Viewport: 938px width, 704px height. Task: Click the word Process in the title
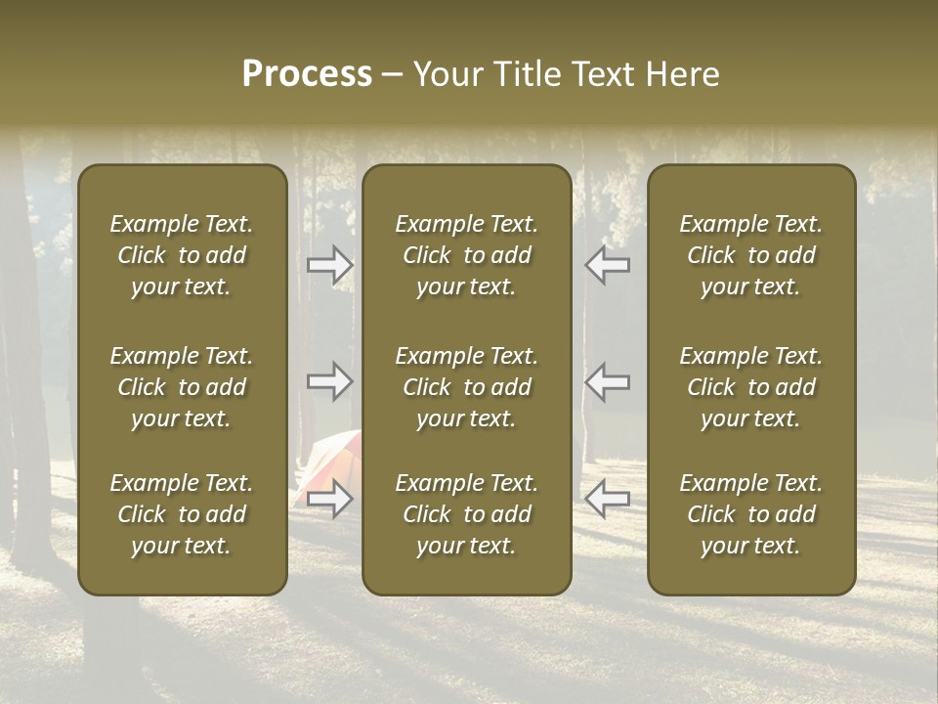(x=307, y=74)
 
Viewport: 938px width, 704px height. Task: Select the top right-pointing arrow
(x=330, y=265)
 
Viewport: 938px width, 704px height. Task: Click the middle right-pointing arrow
(x=330, y=381)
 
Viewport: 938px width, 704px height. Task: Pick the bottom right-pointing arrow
(x=330, y=499)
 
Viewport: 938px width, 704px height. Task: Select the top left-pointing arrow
(x=607, y=265)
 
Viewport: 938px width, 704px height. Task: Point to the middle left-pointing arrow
(x=607, y=381)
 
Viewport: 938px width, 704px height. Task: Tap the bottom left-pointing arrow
(x=607, y=499)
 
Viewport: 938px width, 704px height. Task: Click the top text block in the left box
(x=182, y=255)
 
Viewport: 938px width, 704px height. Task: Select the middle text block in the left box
(x=182, y=387)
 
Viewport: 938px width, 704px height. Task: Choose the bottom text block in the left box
(x=182, y=514)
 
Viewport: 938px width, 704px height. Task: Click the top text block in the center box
(x=467, y=255)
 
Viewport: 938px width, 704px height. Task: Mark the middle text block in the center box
(x=467, y=387)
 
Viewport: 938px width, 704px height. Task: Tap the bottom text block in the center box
(x=467, y=514)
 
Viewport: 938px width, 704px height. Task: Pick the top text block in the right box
(x=751, y=255)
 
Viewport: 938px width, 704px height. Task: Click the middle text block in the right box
(x=751, y=387)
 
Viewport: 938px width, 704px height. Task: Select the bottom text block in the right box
(x=751, y=514)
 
